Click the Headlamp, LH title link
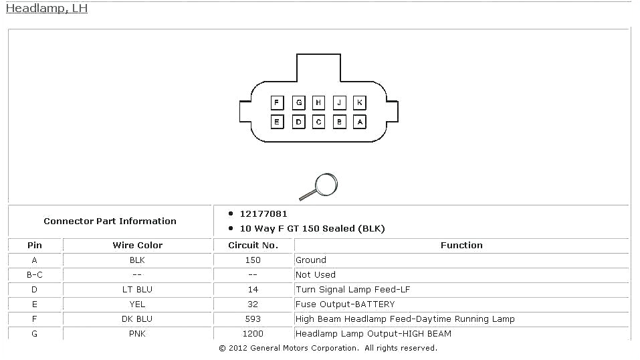(x=46, y=9)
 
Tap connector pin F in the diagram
(x=278, y=102)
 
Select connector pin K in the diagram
(x=360, y=102)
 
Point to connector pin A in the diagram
(x=360, y=122)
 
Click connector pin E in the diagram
(x=278, y=122)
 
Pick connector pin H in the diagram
(x=319, y=102)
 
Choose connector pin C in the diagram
(x=319, y=122)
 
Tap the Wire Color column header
(x=137, y=246)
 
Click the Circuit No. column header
(x=253, y=246)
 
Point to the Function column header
(x=461, y=246)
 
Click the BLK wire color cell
(x=137, y=260)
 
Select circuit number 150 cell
(x=253, y=260)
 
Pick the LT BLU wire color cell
(x=137, y=290)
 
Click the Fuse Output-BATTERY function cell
(x=344, y=304)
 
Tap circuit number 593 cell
(x=253, y=319)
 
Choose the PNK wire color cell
(x=137, y=334)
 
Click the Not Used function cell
(x=316, y=275)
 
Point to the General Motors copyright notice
(x=328, y=348)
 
